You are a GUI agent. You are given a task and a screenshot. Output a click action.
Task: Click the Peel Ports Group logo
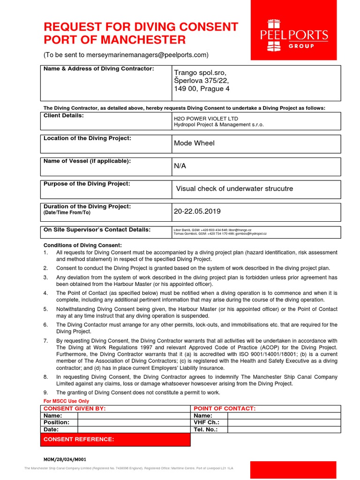(x=294, y=35)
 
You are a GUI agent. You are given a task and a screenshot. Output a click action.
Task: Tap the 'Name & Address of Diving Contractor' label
(x=98, y=69)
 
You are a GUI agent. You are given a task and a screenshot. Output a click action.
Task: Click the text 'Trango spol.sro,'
(x=200, y=73)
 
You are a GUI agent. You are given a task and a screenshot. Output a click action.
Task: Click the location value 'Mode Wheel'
(x=189, y=143)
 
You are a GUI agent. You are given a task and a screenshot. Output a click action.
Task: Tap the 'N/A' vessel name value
(x=180, y=166)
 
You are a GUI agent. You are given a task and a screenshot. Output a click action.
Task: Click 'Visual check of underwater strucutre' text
(x=234, y=188)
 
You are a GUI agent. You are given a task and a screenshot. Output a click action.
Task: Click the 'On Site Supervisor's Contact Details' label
(x=97, y=230)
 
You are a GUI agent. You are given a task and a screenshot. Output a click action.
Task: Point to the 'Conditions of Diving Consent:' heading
(x=82, y=245)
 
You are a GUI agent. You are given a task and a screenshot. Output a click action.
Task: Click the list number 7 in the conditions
(x=45, y=340)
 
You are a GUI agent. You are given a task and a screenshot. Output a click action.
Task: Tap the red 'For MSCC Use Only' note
(x=66, y=401)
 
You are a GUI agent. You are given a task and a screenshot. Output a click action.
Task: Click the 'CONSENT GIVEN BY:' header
(x=75, y=409)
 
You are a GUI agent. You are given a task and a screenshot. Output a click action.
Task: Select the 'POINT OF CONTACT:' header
(x=225, y=409)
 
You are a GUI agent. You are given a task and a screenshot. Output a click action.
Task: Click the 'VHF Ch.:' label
(x=207, y=422)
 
